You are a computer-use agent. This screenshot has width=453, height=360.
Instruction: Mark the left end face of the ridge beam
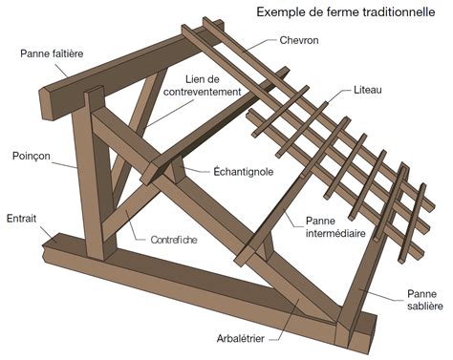[x=48, y=101]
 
